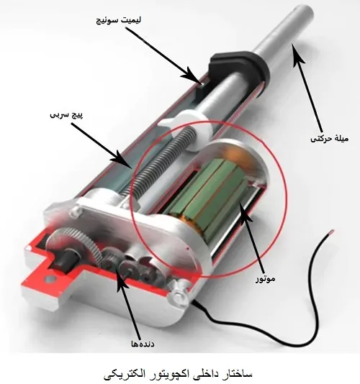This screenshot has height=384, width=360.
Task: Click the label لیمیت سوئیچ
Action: tap(119, 19)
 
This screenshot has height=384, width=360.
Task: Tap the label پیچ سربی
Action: tap(66, 115)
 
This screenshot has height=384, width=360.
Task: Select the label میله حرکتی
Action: tap(329, 139)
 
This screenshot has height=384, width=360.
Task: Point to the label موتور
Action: tap(266, 279)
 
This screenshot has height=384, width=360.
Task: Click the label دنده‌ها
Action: tap(143, 344)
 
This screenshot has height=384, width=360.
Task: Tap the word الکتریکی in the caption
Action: tap(122, 374)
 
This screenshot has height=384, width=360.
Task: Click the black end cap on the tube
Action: tap(239, 66)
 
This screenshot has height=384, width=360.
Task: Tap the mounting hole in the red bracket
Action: tap(50, 279)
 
